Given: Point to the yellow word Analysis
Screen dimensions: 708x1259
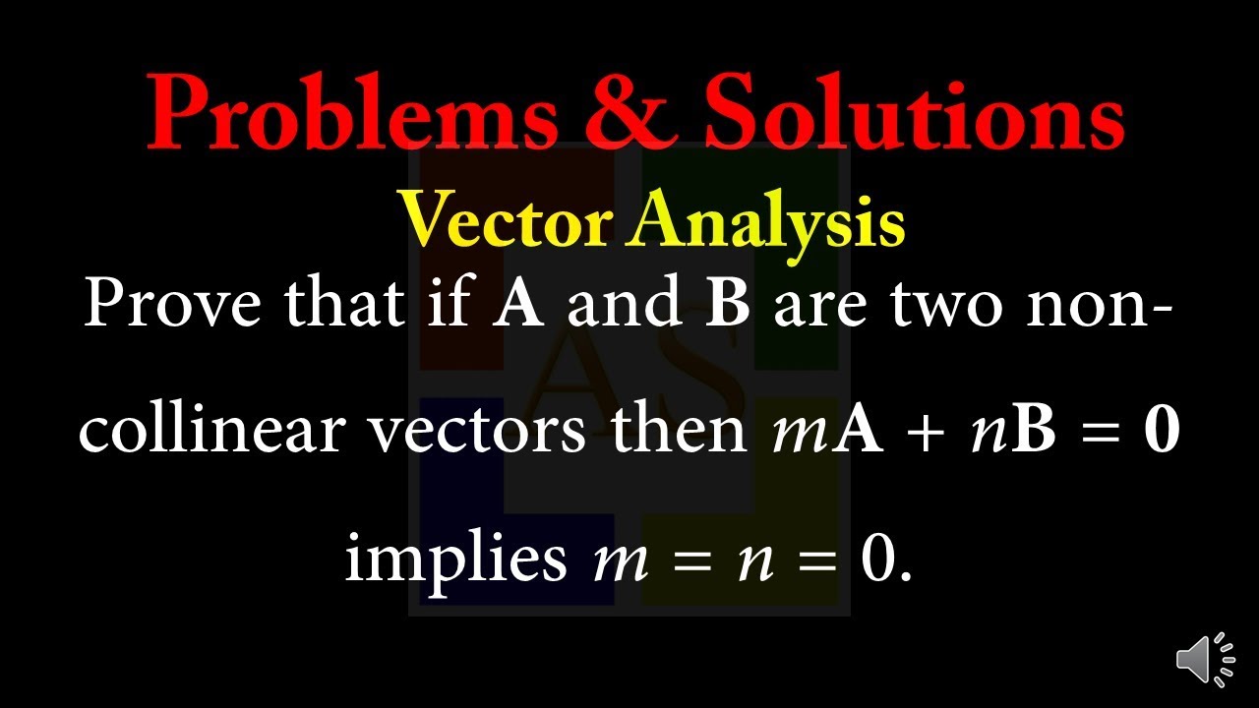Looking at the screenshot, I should pyautogui.click(x=767, y=220).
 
